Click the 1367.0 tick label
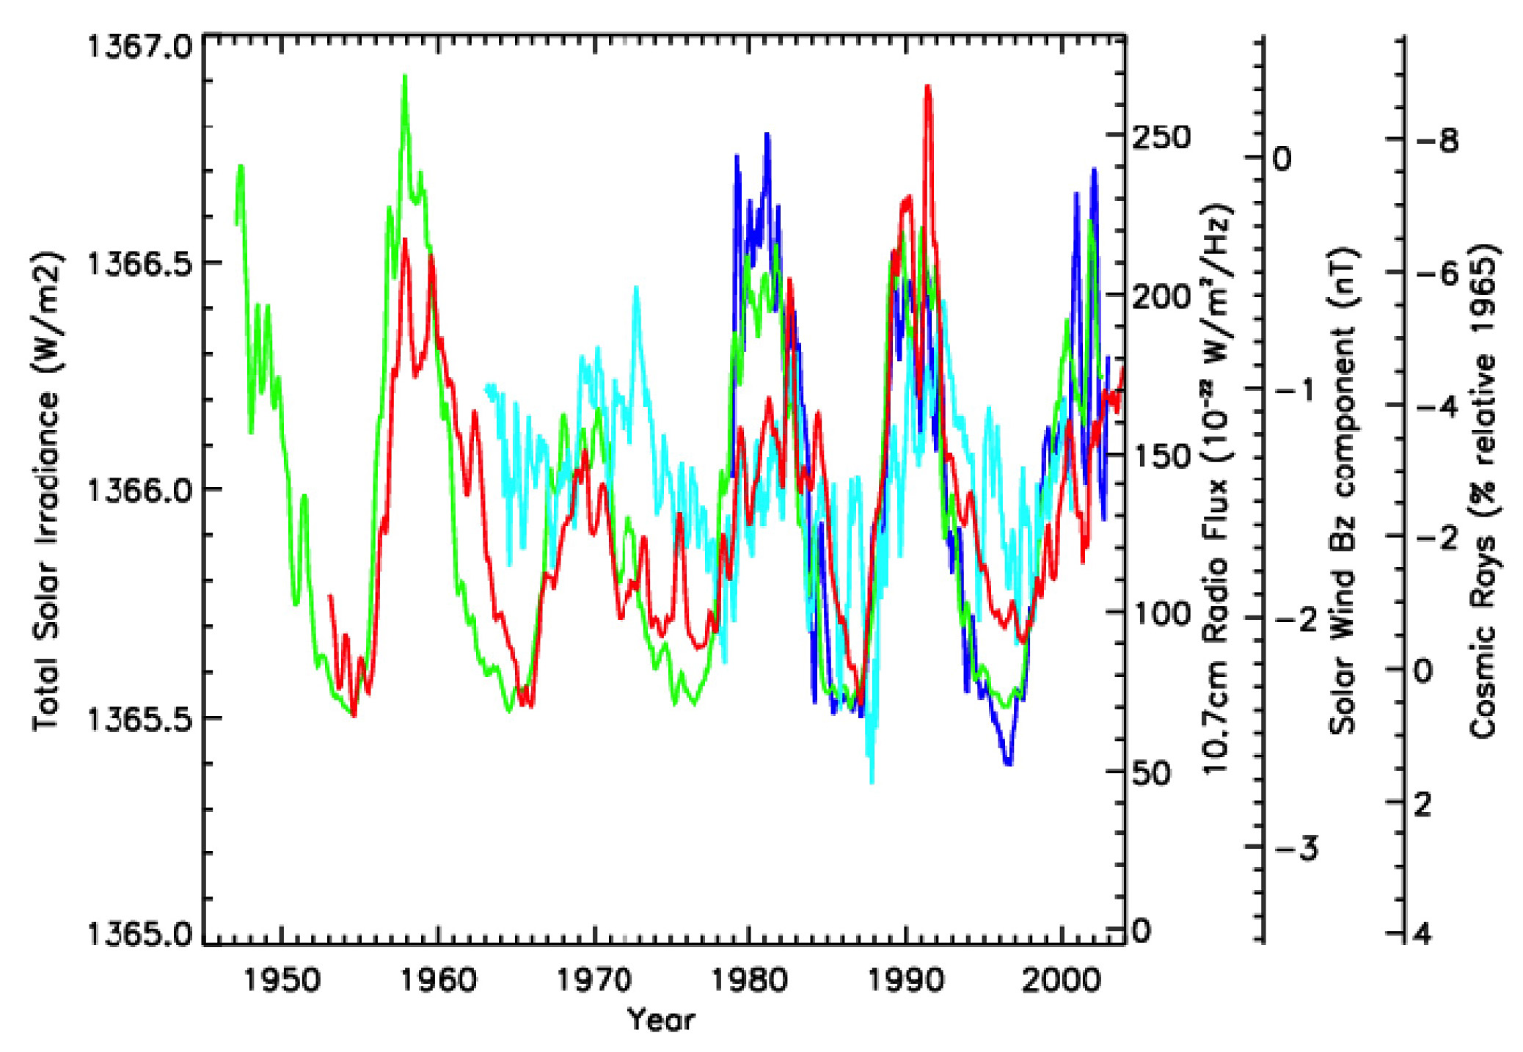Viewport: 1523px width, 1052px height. [139, 48]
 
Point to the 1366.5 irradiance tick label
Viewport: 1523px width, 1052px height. [139, 264]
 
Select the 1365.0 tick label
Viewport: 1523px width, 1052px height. [139, 935]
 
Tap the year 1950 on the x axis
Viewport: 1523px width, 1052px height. [282, 980]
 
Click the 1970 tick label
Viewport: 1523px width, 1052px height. [594, 980]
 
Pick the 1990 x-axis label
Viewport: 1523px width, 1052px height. [906, 980]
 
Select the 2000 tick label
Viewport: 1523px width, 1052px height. [1062, 980]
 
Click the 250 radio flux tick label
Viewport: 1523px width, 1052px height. [1161, 138]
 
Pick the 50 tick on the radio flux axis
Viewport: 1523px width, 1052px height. [1152, 772]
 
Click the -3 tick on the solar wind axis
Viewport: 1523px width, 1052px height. [1297, 849]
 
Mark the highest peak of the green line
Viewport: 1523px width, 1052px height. [404, 76]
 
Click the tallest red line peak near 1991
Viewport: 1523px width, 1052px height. [928, 87]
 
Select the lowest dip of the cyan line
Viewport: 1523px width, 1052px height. [872, 782]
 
